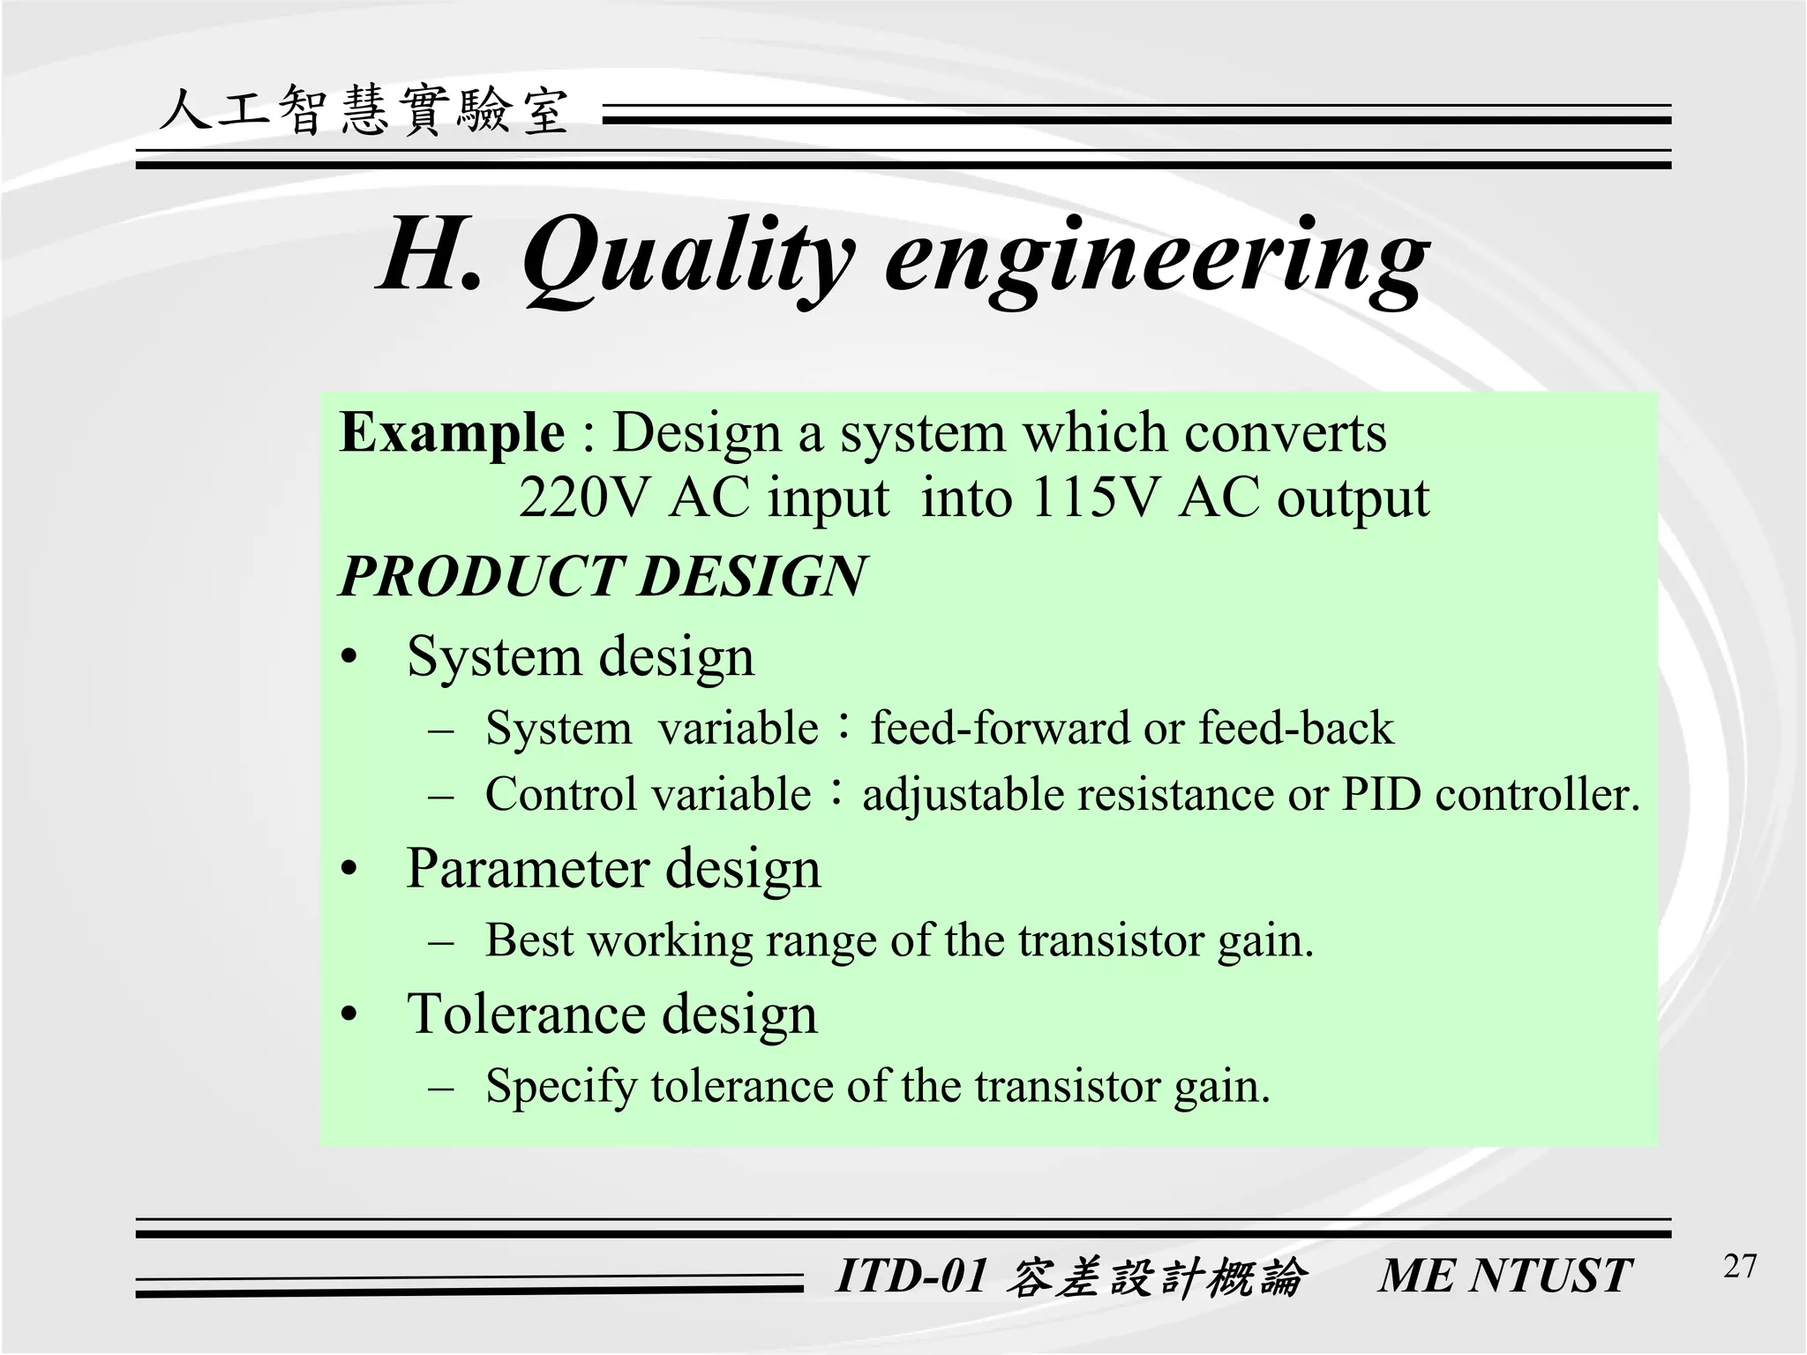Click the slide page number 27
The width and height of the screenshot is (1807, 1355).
click(1739, 1267)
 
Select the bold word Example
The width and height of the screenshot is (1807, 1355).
click(452, 433)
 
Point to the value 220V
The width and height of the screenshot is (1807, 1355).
click(583, 498)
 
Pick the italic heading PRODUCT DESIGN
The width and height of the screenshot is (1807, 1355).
click(604, 576)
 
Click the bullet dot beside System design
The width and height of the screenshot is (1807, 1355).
click(350, 658)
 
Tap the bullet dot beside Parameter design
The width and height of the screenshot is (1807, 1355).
click(350, 870)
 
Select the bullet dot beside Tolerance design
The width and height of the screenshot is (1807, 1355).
click(350, 1015)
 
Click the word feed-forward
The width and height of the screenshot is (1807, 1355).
click(1001, 729)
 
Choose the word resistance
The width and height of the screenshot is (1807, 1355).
click(1177, 794)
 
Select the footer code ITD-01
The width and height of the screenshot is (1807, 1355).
click(911, 1276)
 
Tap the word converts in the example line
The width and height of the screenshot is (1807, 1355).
click(1285, 433)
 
